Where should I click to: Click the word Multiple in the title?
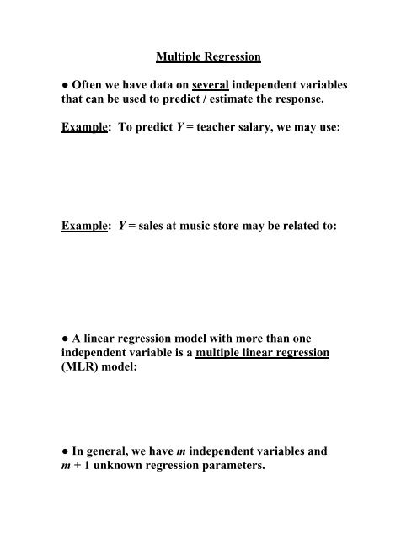coord(182,58)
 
